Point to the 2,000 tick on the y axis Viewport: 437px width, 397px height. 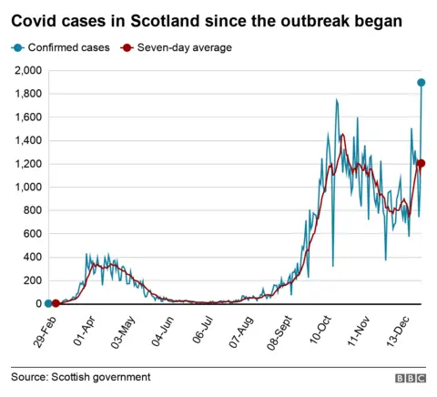click(26, 70)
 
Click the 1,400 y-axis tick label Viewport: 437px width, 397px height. click(26, 140)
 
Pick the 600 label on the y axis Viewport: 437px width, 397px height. click(32, 234)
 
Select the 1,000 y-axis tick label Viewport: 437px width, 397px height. click(26, 188)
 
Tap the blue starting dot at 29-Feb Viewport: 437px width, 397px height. click(47, 303)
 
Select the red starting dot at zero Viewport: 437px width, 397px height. click(56, 303)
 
